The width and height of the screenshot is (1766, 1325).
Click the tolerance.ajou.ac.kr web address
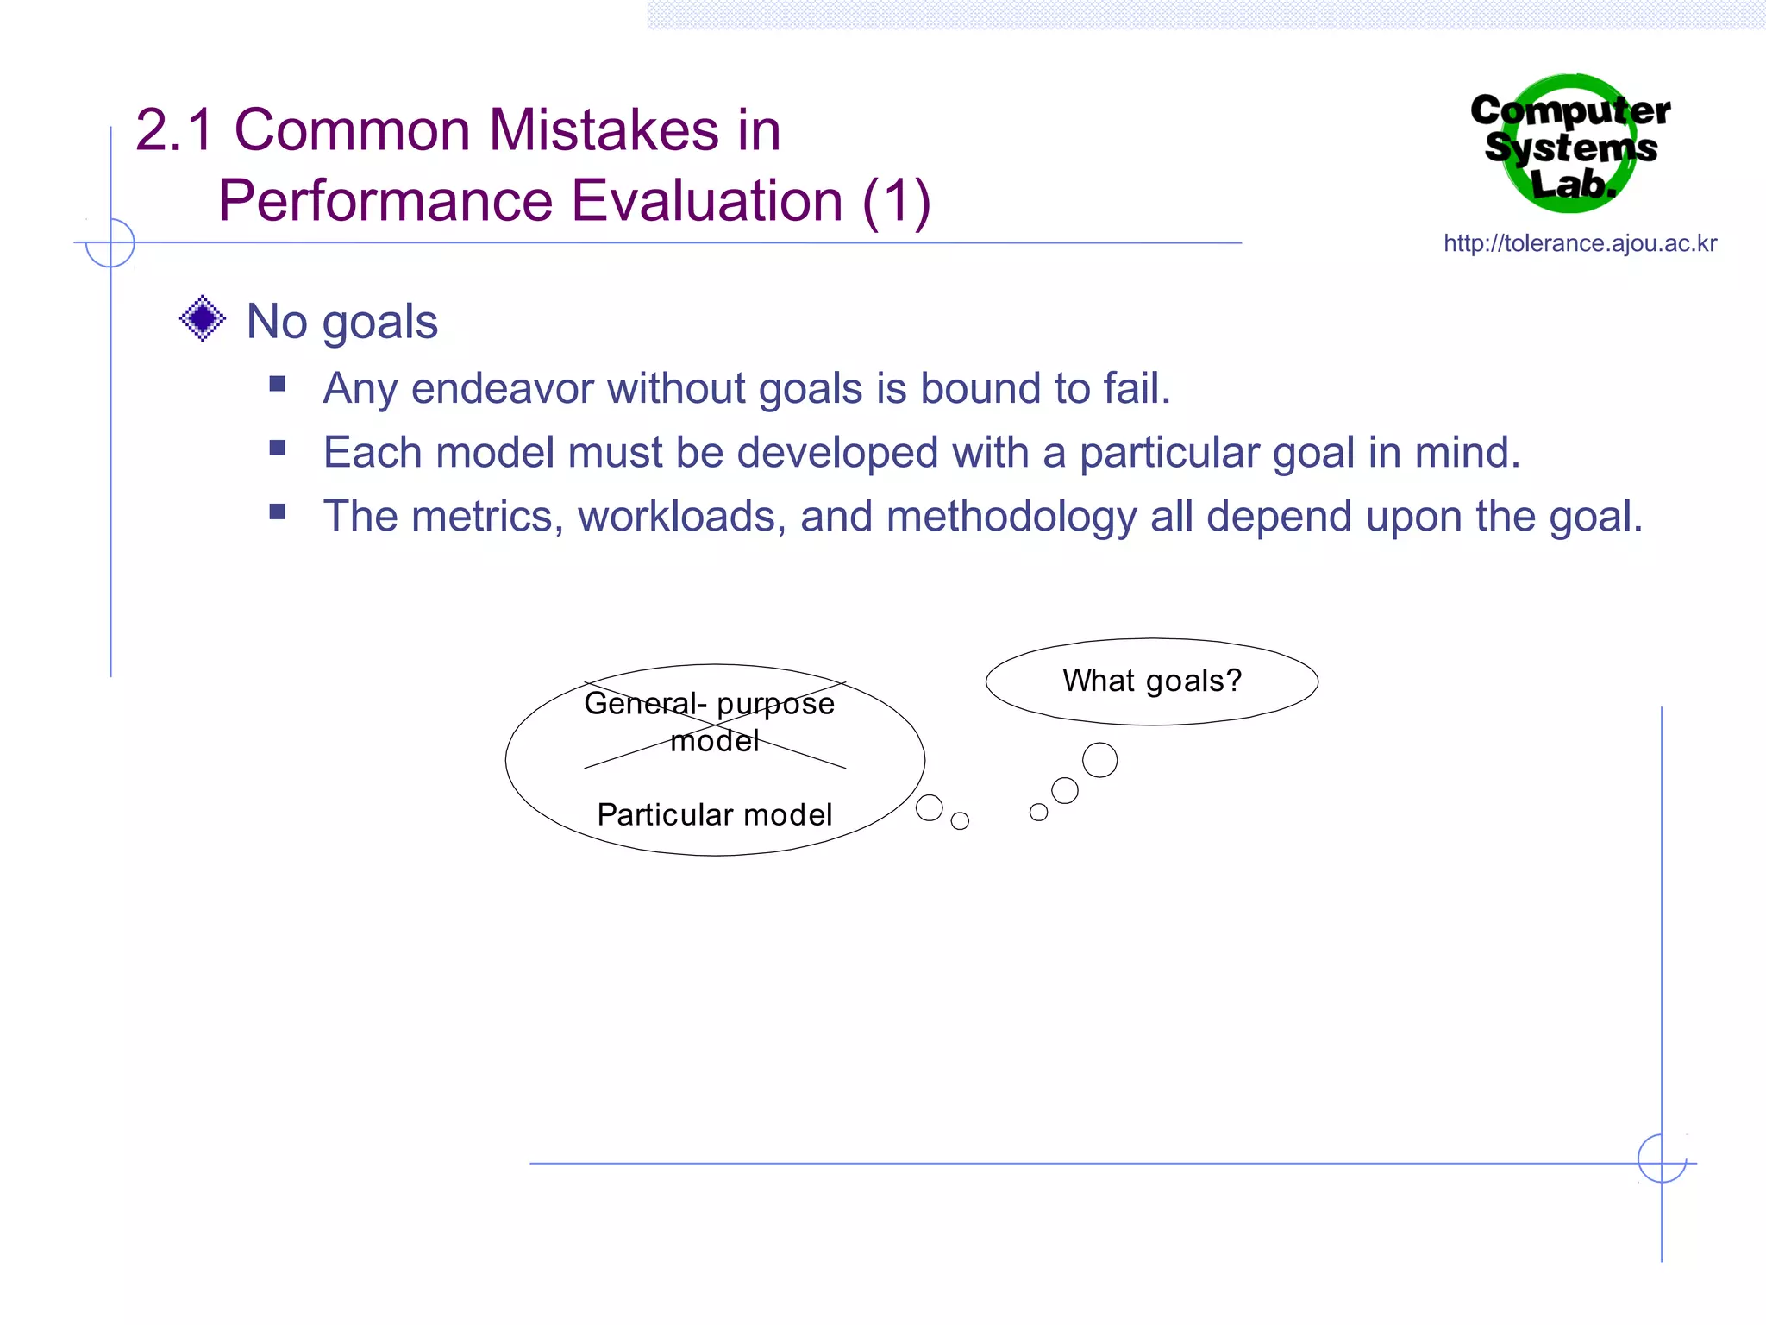pos(1580,243)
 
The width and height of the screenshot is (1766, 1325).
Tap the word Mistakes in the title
pos(604,130)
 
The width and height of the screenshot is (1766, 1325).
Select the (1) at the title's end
pos(896,201)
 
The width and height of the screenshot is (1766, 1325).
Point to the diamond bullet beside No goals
pos(203,318)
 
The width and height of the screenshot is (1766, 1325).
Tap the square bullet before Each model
pos(277,448)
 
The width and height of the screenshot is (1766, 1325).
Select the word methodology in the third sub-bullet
pos(1011,518)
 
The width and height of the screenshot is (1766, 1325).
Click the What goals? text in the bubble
pos(1151,681)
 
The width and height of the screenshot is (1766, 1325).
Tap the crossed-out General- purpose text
pos(709,704)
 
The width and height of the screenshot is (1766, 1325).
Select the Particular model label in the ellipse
pos(714,814)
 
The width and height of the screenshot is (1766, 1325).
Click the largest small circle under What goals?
pos(1099,760)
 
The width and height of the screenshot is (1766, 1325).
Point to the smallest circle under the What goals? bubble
pos(1038,812)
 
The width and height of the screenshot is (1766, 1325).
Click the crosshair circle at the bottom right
pos(1662,1158)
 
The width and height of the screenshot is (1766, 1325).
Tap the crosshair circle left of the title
pos(110,242)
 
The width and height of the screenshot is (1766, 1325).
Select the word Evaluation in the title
pos(706,201)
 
